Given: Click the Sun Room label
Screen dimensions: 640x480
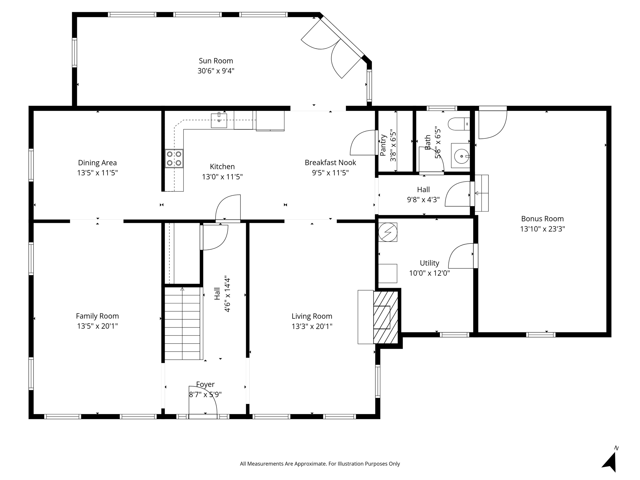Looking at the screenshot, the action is pyautogui.click(x=216, y=61).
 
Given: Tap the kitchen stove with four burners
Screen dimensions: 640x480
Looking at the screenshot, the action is pyautogui.click(x=174, y=158).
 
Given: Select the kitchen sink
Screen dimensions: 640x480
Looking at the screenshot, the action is pyautogui.click(x=219, y=120).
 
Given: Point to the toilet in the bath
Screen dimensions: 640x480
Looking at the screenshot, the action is pyautogui.click(x=459, y=124).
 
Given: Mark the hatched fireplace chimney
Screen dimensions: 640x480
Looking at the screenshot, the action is pyautogui.click(x=386, y=317).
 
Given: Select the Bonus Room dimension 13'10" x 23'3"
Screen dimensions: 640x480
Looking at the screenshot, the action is pyautogui.click(x=542, y=229).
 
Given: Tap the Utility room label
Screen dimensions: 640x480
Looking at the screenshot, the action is pyautogui.click(x=429, y=263).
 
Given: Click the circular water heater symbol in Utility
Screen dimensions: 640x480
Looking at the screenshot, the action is pyautogui.click(x=388, y=232).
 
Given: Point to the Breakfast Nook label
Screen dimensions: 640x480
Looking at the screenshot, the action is pyautogui.click(x=330, y=162).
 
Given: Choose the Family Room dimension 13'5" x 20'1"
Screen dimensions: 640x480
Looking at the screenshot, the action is pyautogui.click(x=97, y=326).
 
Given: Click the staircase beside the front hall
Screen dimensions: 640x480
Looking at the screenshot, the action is pyautogui.click(x=182, y=323).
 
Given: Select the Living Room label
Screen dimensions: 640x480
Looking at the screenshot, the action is pyautogui.click(x=312, y=316).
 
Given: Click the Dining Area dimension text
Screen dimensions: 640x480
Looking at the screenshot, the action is pyautogui.click(x=97, y=173).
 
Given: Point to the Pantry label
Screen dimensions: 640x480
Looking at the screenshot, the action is pyautogui.click(x=383, y=145).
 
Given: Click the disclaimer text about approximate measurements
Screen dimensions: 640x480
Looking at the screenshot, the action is pyautogui.click(x=320, y=464).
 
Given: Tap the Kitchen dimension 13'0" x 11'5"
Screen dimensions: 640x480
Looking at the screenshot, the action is pyautogui.click(x=222, y=177).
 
